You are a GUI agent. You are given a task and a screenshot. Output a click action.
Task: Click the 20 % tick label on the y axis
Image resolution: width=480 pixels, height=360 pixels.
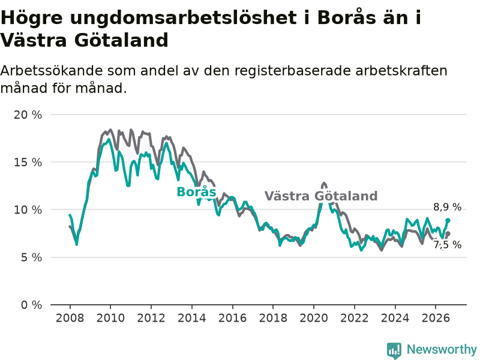coord(28,115)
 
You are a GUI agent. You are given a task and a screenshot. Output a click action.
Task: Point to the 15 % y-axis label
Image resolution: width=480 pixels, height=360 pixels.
coord(28,162)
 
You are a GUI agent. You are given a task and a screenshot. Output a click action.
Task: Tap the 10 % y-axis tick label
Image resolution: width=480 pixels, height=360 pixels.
coord(28,210)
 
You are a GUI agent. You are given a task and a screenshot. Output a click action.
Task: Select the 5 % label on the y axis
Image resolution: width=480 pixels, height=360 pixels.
coord(31,257)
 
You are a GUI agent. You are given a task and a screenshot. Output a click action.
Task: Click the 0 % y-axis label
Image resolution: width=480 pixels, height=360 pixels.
coord(31,305)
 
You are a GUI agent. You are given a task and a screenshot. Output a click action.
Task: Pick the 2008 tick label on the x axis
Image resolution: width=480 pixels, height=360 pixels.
coord(70,318)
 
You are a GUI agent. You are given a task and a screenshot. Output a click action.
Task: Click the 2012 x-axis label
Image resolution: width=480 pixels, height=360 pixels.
coord(151,318)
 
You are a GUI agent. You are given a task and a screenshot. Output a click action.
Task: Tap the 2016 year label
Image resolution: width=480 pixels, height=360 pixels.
coord(232,318)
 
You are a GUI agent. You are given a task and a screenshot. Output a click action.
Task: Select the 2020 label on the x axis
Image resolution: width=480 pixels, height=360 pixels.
coord(313,318)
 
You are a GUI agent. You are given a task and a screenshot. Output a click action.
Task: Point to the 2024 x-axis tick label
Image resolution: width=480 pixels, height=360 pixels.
coord(395,318)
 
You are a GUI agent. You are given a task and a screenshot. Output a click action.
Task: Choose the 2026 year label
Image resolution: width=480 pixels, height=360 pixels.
coord(436,318)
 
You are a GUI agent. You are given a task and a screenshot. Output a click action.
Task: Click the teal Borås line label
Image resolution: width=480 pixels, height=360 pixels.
coord(197,192)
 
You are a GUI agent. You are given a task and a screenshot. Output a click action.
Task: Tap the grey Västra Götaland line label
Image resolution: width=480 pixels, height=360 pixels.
coord(321,196)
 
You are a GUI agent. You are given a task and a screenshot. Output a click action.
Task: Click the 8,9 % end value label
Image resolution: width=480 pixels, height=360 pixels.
coord(447,207)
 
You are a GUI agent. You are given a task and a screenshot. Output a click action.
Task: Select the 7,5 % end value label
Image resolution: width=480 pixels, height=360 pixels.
coord(447,245)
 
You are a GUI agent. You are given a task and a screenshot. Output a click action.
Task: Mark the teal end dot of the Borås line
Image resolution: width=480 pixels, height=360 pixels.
coord(448,220)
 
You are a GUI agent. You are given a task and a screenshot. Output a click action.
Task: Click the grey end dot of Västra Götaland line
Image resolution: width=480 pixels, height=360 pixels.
coord(448,233)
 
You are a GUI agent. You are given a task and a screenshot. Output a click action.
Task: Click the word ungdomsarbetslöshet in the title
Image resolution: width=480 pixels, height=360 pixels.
coord(183,18)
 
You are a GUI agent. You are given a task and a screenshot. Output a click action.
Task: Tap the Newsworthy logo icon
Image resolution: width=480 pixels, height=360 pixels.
coord(394,350)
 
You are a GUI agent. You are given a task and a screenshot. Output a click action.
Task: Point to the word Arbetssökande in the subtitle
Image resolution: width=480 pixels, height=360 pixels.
coord(52,71)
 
